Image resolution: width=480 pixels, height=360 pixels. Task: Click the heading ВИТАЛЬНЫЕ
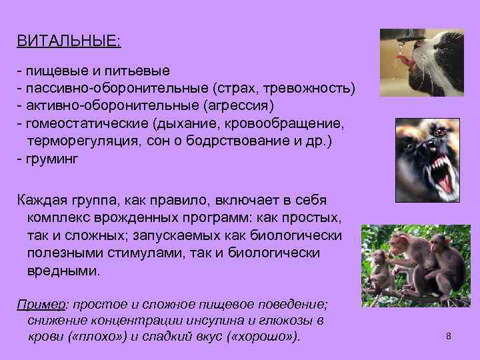coord(69,41)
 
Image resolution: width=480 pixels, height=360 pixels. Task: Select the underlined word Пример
coord(39,305)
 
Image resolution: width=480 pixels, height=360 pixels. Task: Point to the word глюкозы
coord(288,320)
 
